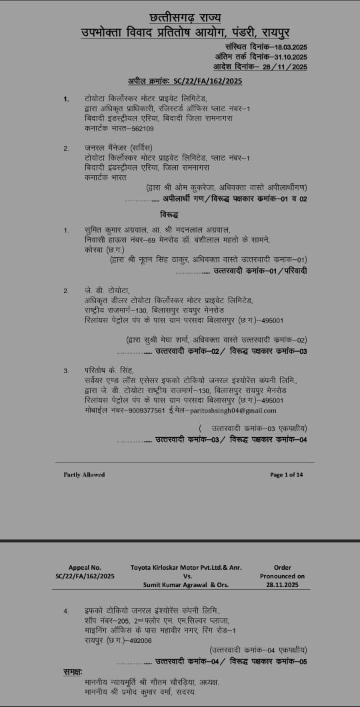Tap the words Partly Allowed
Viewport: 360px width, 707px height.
[84, 474]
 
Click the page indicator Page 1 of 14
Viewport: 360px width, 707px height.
[287, 474]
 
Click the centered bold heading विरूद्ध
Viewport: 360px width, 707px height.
[169, 215]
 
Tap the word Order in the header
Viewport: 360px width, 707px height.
[283, 567]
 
